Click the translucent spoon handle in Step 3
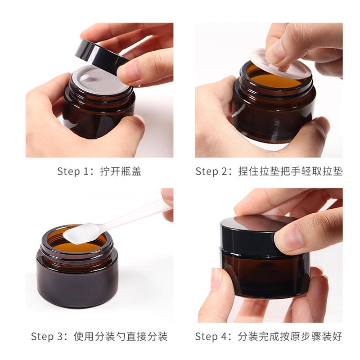click(135, 216)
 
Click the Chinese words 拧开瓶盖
click(121, 171)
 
